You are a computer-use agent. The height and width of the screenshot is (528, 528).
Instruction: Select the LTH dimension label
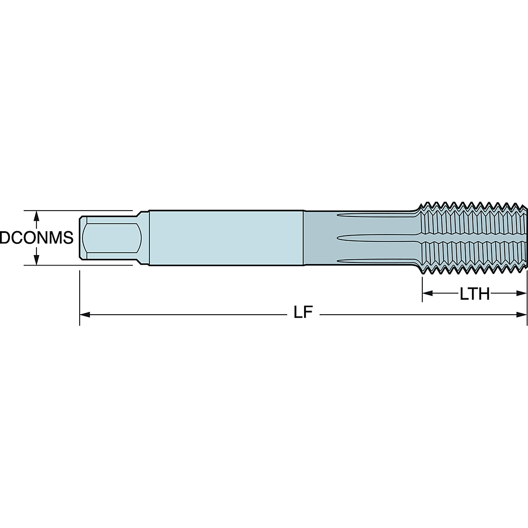pyautogui.click(x=475, y=294)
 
